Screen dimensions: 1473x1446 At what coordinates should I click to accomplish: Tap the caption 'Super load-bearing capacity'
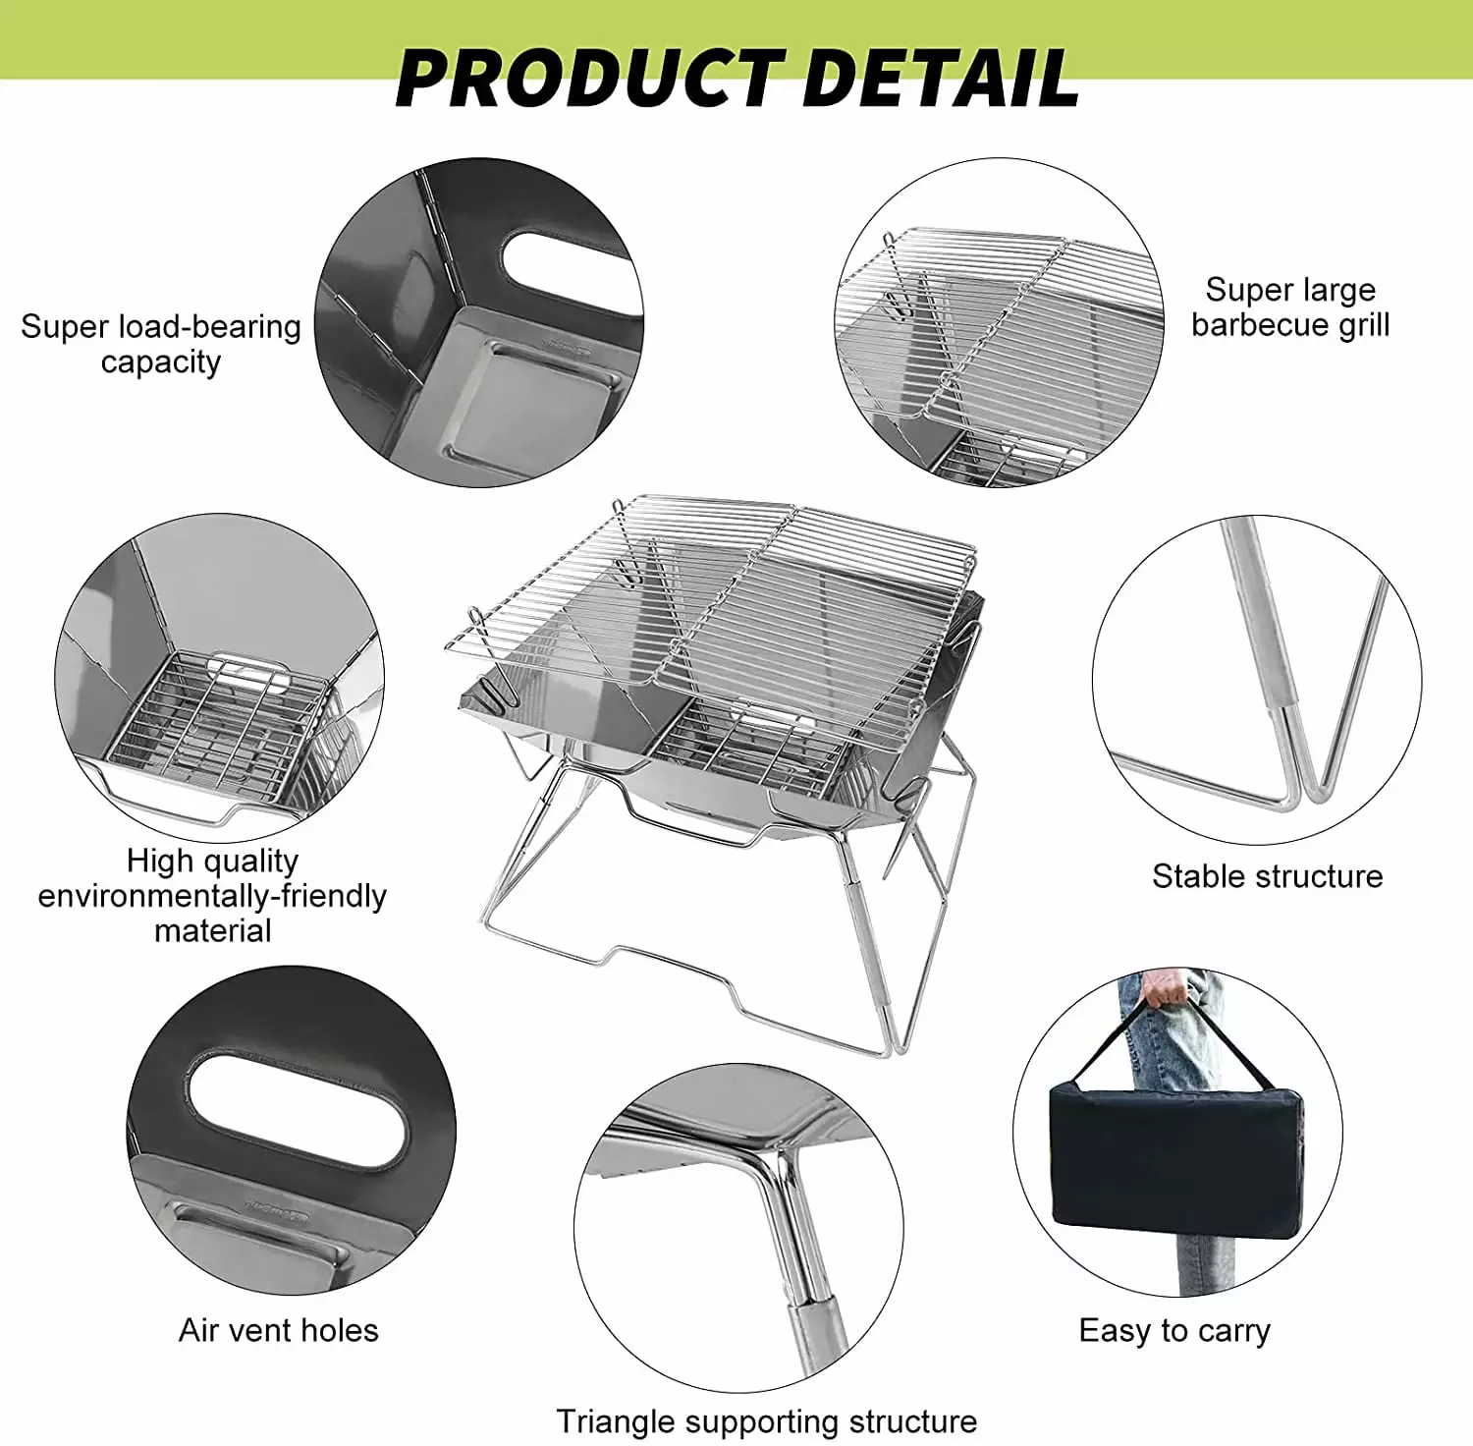click(161, 344)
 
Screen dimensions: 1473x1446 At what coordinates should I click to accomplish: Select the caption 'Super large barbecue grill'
click(1290, 306)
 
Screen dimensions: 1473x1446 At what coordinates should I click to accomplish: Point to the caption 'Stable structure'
click(1267, 875)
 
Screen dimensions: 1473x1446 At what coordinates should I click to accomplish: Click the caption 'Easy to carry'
click(1174, 1330)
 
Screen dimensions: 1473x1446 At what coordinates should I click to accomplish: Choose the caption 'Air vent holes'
click(278, 1330)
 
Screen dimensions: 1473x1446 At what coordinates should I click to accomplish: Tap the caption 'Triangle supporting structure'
click(766, 1421)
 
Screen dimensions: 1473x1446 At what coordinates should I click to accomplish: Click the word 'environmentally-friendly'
click(212, 896)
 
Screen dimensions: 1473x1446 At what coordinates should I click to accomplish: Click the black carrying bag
click(1179, 1159)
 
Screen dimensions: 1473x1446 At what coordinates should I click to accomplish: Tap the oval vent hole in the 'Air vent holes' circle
click(298, 1110)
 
